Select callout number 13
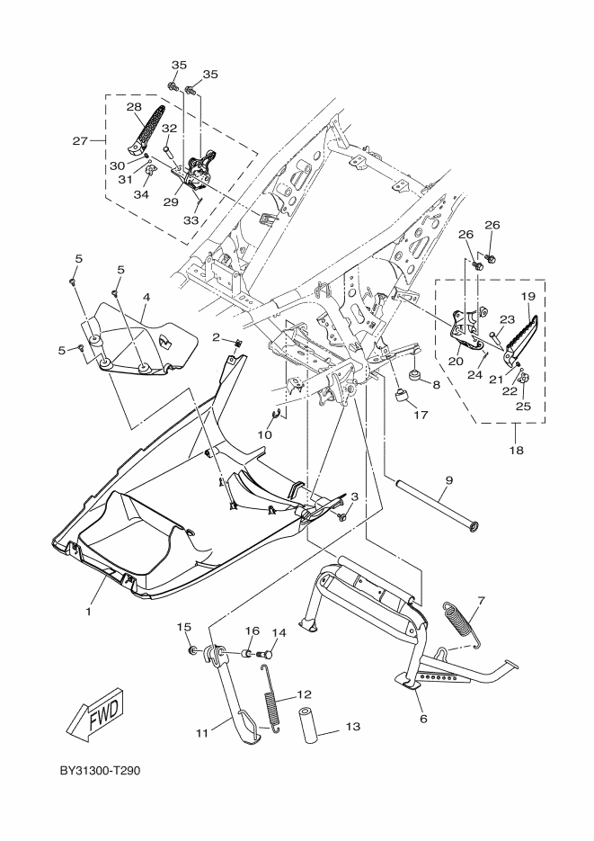(x=351, y=726)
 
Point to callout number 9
(x=448, y=481)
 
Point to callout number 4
(x=145, y=297)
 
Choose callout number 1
(x=89, y=611)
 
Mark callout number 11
(x=201, y=733)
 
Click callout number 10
(x=264, y=434)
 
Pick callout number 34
(x=141, y=195)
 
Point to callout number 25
(x=524, y=406)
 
